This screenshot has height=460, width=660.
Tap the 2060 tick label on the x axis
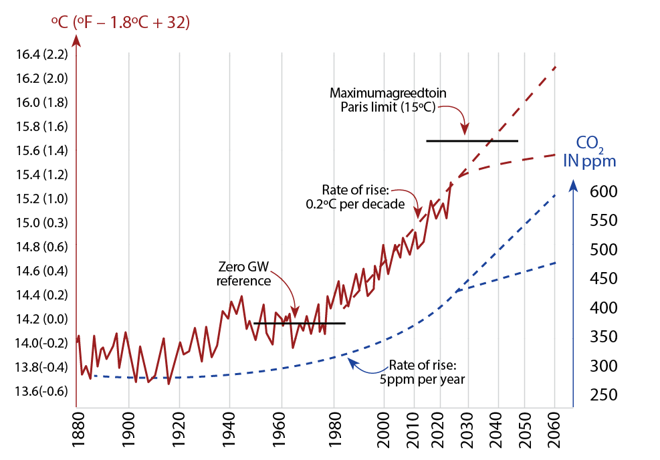554,433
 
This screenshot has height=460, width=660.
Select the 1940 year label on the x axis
229,433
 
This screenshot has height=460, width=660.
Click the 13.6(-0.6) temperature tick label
40,391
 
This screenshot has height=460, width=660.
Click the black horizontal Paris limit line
471,141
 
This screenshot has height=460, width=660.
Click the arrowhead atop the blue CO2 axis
572,188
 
